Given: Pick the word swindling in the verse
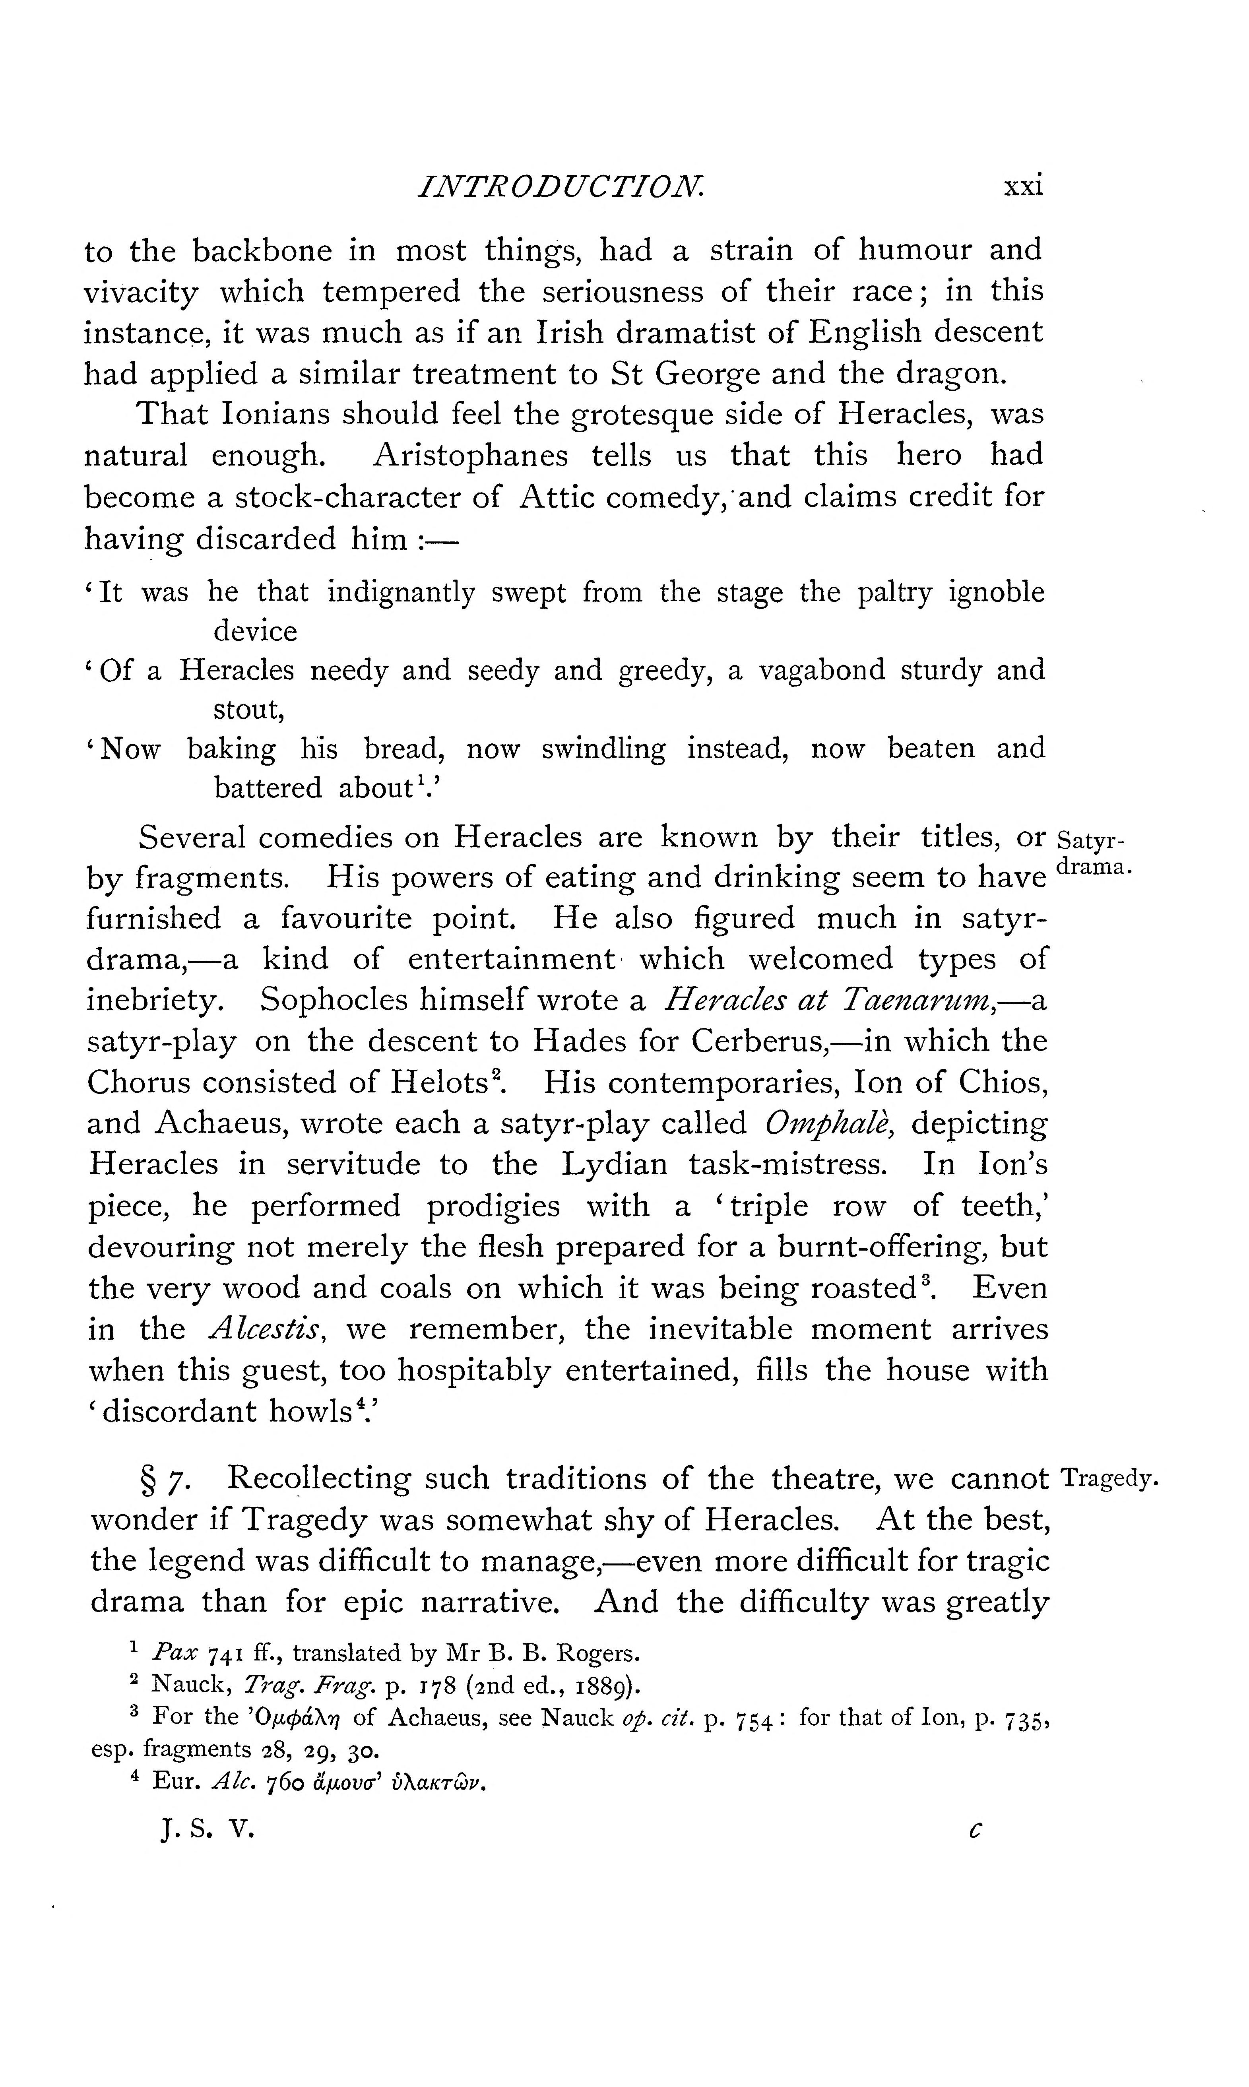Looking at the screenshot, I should click(x=603, y=749).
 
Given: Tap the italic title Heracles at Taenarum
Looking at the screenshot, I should click(x=829, y=1000).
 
